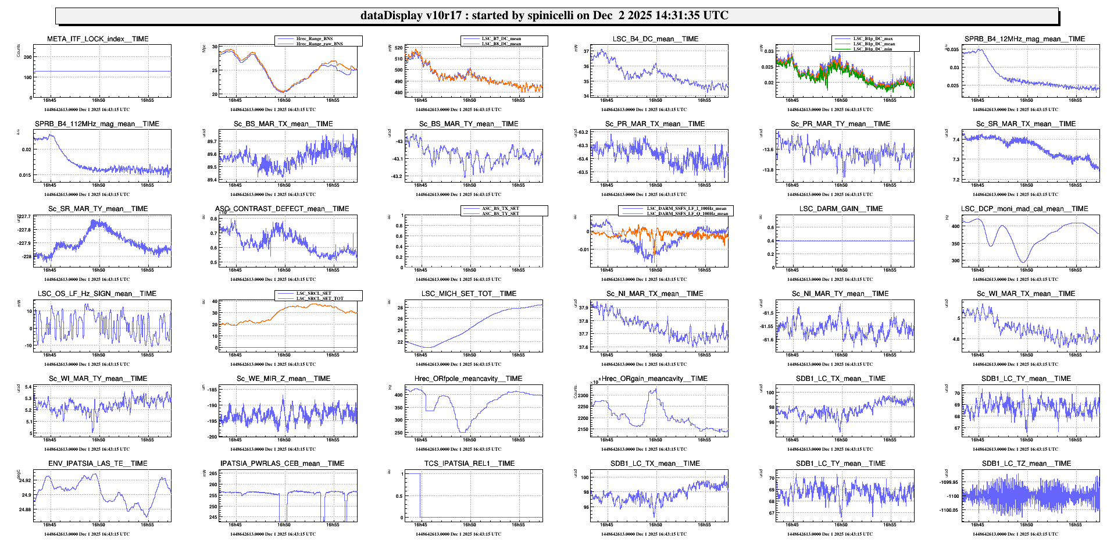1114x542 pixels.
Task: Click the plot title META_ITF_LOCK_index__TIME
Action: [98, 39]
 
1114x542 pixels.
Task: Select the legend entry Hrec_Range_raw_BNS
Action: [319, 44]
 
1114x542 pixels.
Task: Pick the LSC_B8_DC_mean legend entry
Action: [501, 44]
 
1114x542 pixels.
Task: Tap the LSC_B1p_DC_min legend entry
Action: [872, 49]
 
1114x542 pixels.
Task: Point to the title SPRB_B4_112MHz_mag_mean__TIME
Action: [97, 124]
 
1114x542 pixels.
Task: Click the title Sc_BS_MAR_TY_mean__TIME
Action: [469, 124]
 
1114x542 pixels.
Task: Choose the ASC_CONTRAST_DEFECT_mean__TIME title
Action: [283, 209]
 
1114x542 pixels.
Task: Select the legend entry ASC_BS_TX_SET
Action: [500, 208]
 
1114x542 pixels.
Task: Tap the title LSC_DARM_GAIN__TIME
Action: [841, 209]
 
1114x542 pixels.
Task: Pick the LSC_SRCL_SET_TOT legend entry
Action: [320, 298]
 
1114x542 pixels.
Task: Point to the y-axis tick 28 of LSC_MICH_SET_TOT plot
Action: [400, 307]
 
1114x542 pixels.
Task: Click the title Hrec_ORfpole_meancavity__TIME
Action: [468, 379]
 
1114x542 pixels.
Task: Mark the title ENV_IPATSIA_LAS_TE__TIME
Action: [98, 463]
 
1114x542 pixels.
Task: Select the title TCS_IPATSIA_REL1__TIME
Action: [469, 463]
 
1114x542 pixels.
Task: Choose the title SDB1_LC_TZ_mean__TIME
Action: [1026, 463]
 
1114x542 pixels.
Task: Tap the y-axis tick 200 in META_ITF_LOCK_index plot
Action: [28, 57]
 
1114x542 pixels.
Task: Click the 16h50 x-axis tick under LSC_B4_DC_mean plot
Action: [655, 101]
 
